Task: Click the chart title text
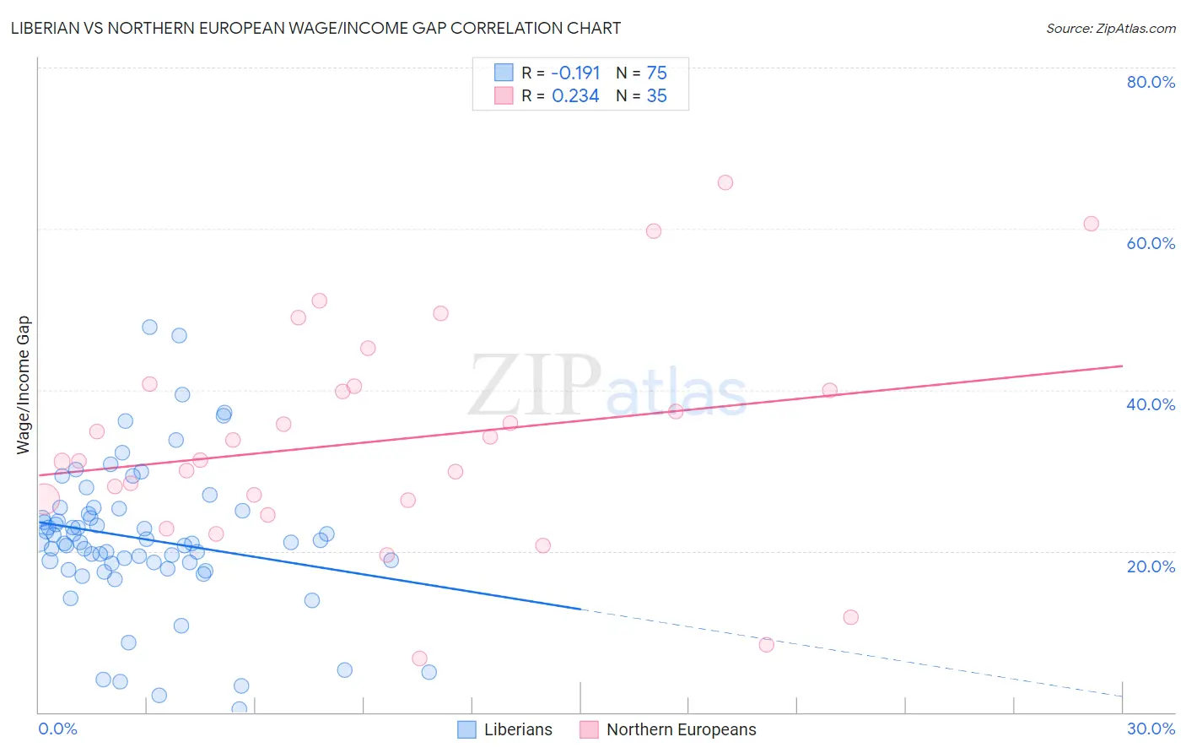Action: [x=315, y=28]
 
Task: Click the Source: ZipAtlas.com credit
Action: [x=1110, y=28]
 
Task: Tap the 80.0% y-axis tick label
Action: [x=1151, y=82]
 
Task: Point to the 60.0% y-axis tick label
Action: [x=1151, y=243]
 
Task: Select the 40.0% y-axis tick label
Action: [x=1151, y=404]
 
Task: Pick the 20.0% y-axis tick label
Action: [x=1151, y=566]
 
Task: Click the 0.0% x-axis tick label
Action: [x=57, y=729]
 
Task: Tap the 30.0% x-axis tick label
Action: [x=1151, y=729]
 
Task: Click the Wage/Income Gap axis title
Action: [x=24, y=385]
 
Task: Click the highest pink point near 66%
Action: [x=725, y=182]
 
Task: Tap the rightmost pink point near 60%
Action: [x=1091, y=224]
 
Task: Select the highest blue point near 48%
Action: [x=149, y=327]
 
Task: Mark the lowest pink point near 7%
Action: [x=419, y=658]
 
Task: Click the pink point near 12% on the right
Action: [x=850, y=617]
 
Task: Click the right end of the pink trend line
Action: [x=1122, y=366]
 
